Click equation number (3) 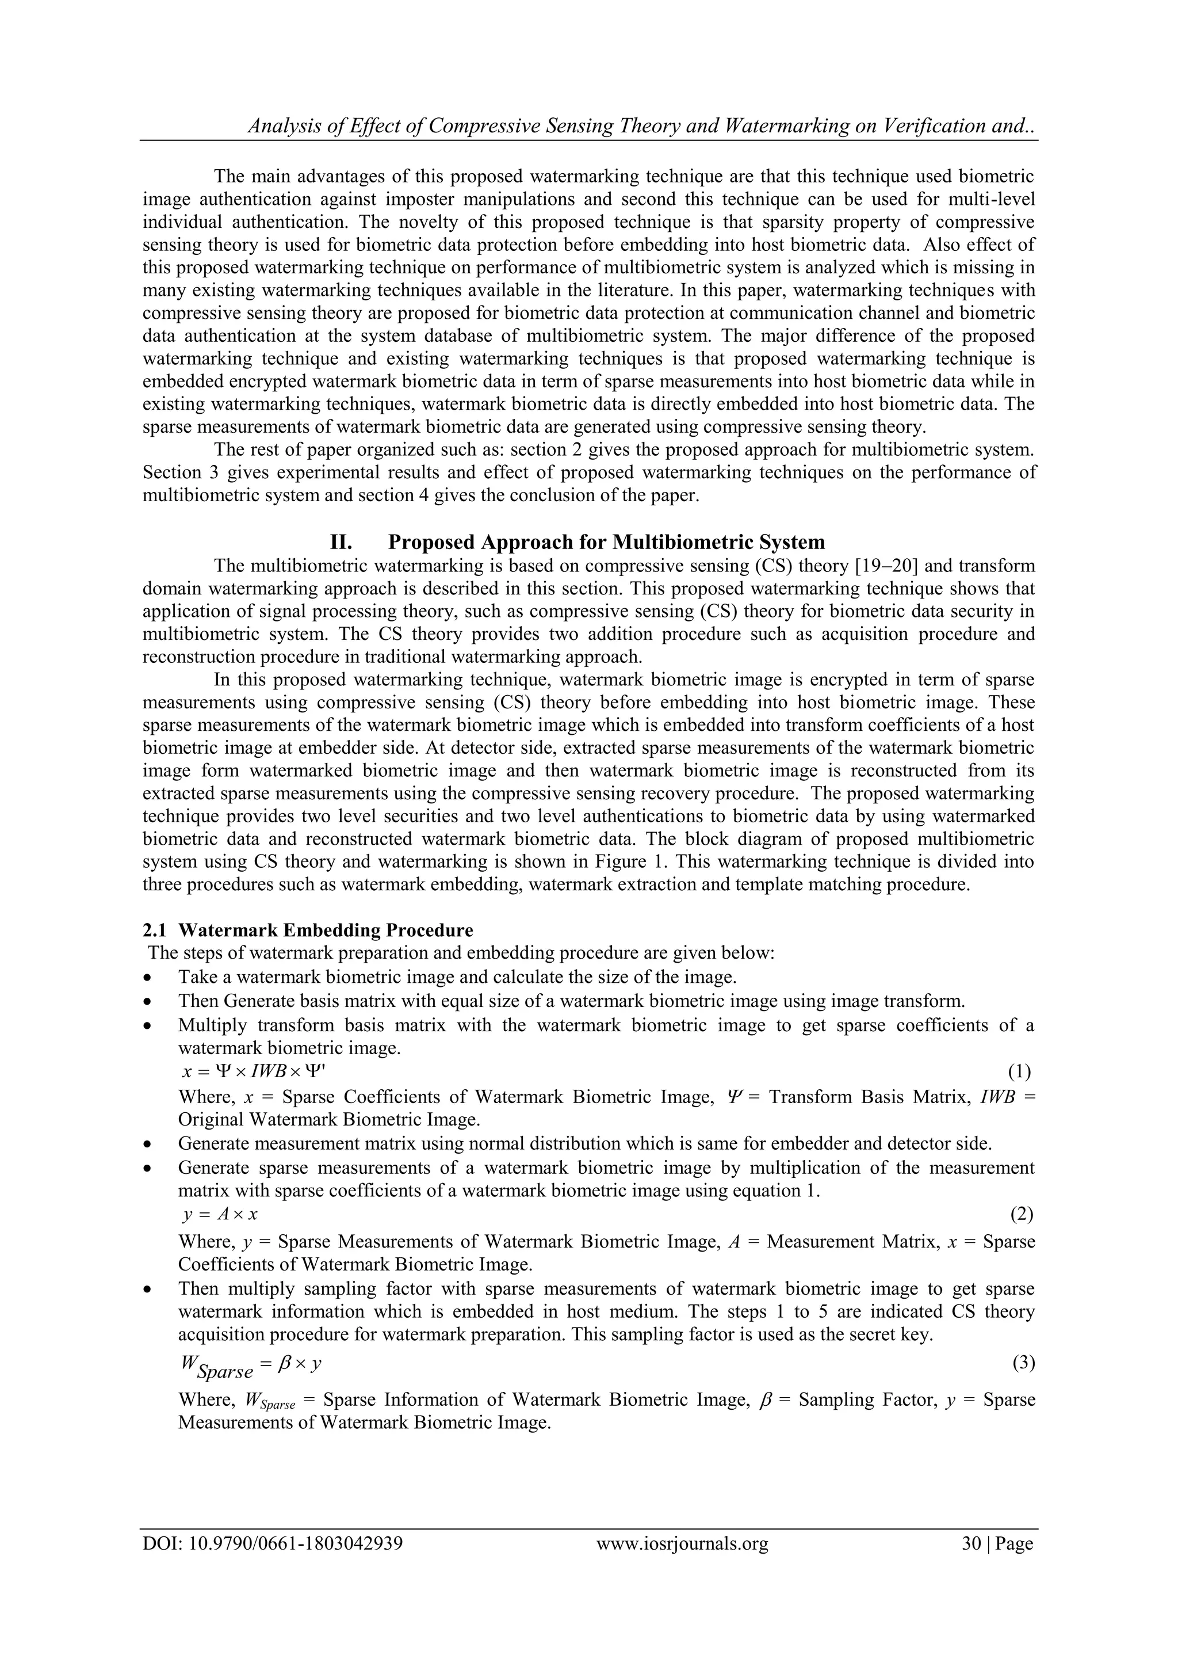1023,1363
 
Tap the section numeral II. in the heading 341,543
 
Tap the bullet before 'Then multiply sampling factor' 148,1290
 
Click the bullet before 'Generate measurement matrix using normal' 148,1145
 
